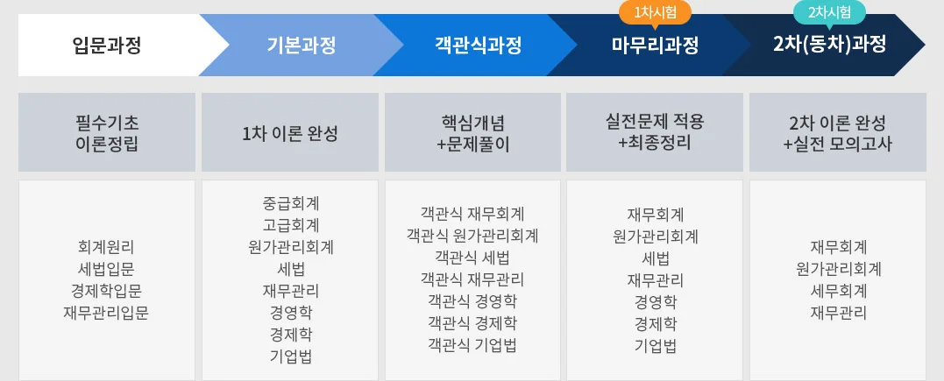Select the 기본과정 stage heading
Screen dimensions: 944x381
pos(301,46)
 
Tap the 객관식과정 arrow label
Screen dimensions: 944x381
pos(478,46)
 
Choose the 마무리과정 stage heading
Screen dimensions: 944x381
pos(655,46)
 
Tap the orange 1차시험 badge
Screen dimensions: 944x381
pos(655,11)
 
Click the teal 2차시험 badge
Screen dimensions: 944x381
pos(829,11)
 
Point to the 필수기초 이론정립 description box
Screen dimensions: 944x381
pos(107,133)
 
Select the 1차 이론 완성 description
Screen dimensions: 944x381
pos(289,134)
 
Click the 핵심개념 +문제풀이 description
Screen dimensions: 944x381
pos(472,133)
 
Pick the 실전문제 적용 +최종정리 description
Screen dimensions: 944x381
pos(655,133)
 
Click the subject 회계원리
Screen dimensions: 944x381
pos(106,247)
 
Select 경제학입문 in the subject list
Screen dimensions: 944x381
pos(106,292)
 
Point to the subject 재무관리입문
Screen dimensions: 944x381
pos(106,313)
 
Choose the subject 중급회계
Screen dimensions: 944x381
pos(290,203)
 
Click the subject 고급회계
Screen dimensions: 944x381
pos(290,225)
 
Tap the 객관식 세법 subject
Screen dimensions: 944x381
pos(472,258)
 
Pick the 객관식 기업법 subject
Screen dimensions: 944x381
pos(472,345)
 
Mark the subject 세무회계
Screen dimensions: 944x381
pos(838,292)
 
